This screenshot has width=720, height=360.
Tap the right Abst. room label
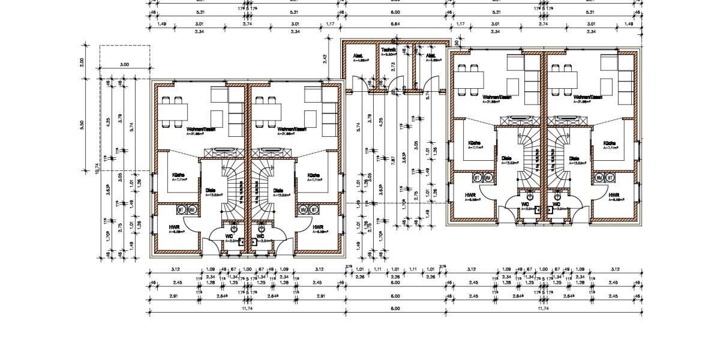click(431, 55)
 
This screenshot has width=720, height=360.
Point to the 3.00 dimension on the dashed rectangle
click(124, 64)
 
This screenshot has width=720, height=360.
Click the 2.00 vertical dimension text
click(82, 62)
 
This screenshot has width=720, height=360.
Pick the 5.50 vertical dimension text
click(82, 124)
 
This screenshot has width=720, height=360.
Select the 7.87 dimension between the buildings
click(393, 159)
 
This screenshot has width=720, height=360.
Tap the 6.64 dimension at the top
click(395, 24)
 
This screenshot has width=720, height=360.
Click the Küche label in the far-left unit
click(178, 175)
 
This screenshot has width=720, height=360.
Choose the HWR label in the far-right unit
click(614, 196)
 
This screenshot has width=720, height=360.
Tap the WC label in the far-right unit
click(556, 205)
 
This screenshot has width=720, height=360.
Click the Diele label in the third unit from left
click(506, 159)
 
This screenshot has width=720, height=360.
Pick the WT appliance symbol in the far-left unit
click(181, 209)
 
